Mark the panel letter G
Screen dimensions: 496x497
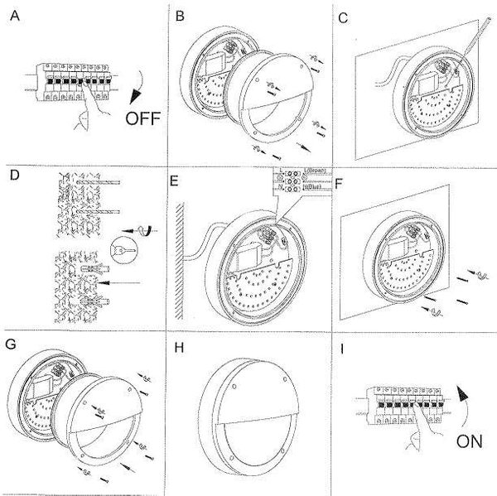point(11,342)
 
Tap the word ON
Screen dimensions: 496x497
point(470,442)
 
